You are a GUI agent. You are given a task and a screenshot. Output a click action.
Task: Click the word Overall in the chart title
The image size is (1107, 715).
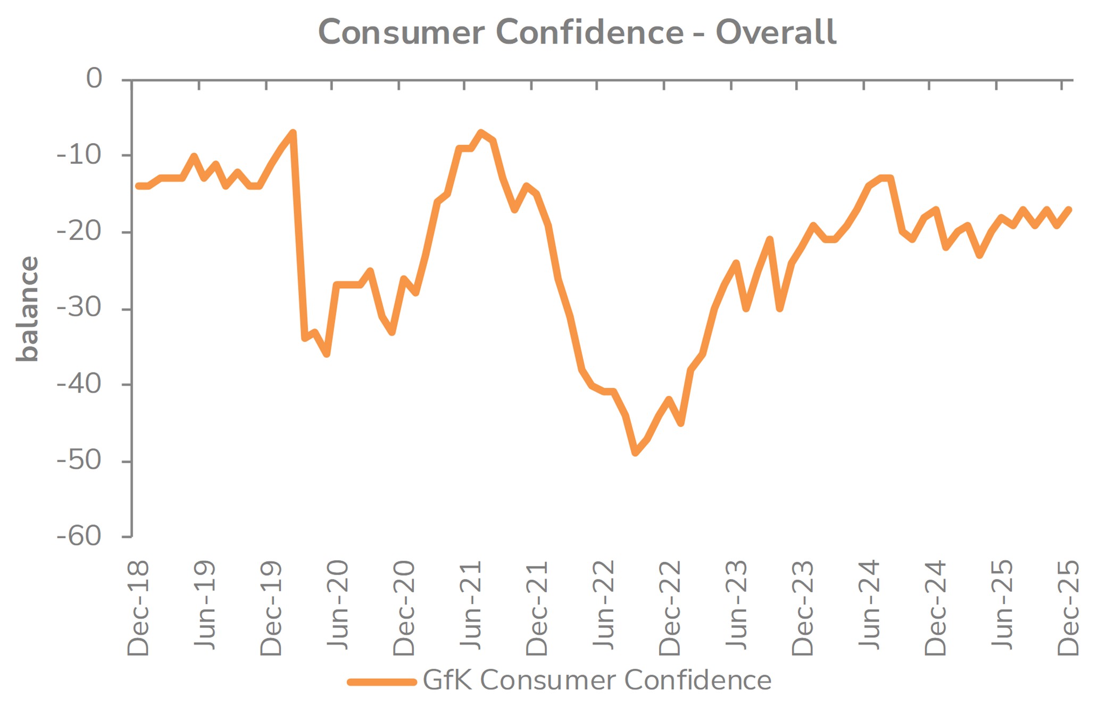(x=776, y=32)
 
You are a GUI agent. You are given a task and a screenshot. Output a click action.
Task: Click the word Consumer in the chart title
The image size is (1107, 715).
(x=401, y=32)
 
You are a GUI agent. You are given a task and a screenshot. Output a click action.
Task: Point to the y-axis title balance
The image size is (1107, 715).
(x=28, y=309)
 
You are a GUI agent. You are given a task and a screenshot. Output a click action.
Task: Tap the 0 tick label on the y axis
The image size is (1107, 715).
(x=94, y=79)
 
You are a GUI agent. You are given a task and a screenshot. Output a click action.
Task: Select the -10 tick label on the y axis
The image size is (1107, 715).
(x=79, y=155)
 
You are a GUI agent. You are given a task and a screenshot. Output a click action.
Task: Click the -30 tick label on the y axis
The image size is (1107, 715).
(x=79, y=307)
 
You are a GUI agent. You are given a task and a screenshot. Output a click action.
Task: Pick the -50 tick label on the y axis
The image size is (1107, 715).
(x=79, y=460)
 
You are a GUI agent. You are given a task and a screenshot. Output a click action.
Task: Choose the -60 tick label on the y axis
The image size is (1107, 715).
(x=79, y=536)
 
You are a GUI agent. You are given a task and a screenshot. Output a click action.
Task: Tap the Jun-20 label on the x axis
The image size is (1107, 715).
(x=338, y=604)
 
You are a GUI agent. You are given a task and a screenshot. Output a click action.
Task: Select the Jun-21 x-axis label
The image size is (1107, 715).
(x=471, y=604)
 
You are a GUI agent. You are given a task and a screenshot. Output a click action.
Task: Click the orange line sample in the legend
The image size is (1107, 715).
(x=381, y=681)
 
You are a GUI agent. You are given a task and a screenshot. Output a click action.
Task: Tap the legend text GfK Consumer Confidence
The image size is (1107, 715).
(x=597, y=680)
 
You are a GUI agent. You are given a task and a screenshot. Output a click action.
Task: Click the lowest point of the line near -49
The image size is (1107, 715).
(x=635, y=453)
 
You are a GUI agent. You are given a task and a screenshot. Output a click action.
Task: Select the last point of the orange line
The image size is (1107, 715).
(x=1069, y=210)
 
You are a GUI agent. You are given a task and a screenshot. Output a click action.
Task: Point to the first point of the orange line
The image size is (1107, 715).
(x=138, y=186)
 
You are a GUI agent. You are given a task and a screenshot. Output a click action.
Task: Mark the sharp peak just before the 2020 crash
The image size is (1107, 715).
(x=293, y=132)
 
